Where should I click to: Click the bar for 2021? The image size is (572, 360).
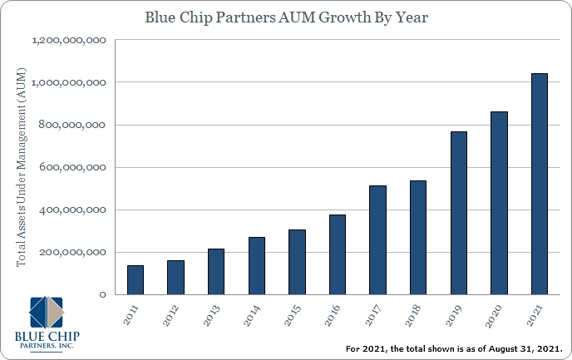point(540,184)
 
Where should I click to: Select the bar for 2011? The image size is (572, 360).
point(136,279)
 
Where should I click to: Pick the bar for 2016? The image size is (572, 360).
point(338,254)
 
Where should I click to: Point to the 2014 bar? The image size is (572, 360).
point(257,265)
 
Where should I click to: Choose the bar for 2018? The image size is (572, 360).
point(418,237)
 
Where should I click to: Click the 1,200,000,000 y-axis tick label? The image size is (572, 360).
point(71,40)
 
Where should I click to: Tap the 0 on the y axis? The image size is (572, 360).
point(102,294)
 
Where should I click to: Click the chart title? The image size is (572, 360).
point(286,17)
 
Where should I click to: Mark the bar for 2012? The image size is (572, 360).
point(175,277)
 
